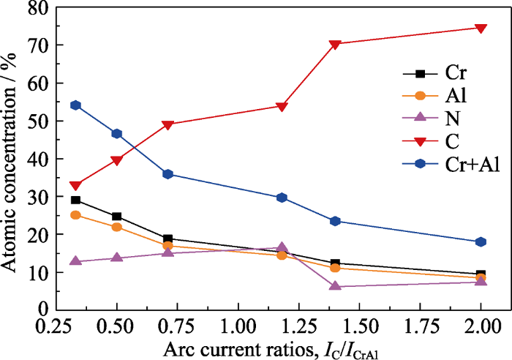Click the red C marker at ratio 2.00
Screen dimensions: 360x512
(x=481, y=29)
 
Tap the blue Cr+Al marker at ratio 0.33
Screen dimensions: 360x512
(x=75, y=105)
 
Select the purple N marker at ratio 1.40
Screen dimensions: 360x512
(x=335, y=285)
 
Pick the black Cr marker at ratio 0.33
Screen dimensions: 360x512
(x=75, y=200)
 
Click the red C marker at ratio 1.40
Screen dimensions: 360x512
(x=335, y=45)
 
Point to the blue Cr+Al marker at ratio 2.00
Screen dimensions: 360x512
(x=481, y=241)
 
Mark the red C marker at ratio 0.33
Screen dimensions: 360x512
(x=75, y=186)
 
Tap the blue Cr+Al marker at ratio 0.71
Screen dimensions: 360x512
(x=167, y=174)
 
